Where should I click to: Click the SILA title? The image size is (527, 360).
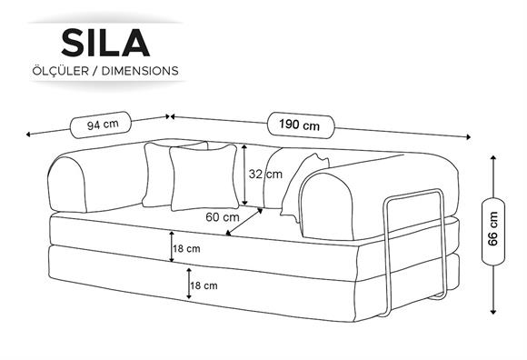click(105, 43)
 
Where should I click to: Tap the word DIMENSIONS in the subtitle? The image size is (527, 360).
click(140, 71)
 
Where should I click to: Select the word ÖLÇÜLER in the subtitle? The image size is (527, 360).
click(61, 71)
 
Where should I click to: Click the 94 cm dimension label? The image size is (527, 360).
click(103, 125)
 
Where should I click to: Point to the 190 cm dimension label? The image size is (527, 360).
click(299, 125)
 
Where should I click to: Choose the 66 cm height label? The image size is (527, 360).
click(493, 228)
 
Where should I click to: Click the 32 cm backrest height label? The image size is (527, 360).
click(265, 175)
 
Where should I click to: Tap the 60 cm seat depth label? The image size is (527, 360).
click(223, 217)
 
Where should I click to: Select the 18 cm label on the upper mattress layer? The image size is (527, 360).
click(186, 249)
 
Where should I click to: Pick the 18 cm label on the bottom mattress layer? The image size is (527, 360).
click(204, 285)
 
